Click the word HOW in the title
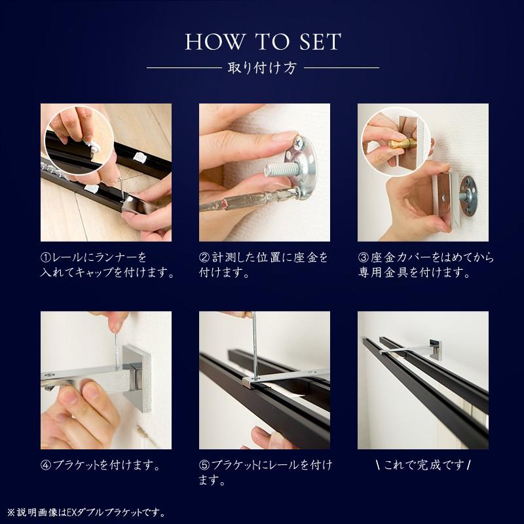pyautogui.click(x=215, y=42)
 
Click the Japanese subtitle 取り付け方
pyautogui.click(x=263, y=68)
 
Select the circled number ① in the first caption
pyautogui.click(x=46, y=257)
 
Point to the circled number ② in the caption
pyautogui.click(x=204, y=257)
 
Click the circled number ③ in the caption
pyautogui.click(x=364, y=257)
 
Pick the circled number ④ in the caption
pyautogui.click(x=46, y=465)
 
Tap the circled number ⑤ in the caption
pyautogui.click(x=204, y=465)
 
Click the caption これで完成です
pyautogui.click(x=424, y=465)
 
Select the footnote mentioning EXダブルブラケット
pyautogui.click(x=86, y=512)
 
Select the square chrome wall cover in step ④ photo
pyautogui.click(x=136, y=379)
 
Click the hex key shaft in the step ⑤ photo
pyautogui.click(x=255, y=346)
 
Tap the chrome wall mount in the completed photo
pyautogui.click(x=435, y=350)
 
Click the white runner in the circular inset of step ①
pyautogui.click(x=92, y=145)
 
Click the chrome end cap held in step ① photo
pyautogui.click(x=140, y=206)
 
